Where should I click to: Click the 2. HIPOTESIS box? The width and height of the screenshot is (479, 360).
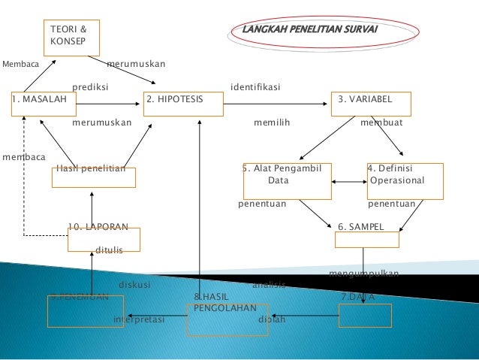183,104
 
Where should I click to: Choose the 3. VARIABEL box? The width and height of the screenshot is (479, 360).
372,104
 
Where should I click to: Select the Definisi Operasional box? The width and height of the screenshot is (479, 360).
405,180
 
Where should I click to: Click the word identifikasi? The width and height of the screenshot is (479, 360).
256,87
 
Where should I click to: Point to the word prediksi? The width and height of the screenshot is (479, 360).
90,87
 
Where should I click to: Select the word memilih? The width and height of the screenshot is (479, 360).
272,122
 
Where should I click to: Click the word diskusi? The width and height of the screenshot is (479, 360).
135,285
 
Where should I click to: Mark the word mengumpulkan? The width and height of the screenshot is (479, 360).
364,273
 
